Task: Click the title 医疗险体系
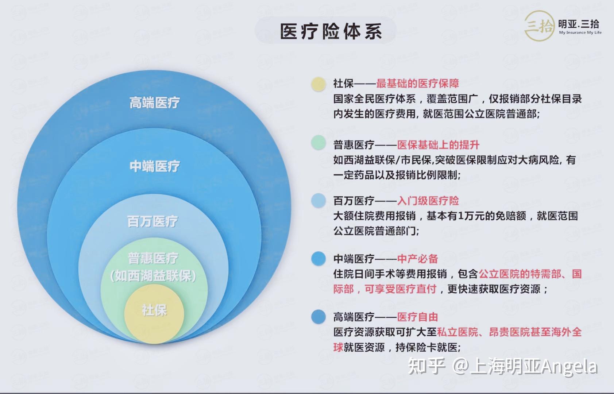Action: [x=331, y=31]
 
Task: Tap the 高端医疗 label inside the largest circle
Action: [x=155, y=103]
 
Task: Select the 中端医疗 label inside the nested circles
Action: [x=155, y=166]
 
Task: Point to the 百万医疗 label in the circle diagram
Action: [x=152, y=221]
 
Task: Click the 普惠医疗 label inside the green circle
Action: [x=153, y=259]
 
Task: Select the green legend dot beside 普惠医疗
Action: [x=318, y=143]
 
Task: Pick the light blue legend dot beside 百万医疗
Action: [x=318, y=201]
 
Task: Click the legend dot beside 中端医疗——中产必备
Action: [x=318, y=259]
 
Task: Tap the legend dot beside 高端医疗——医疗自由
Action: [x=318, y=317]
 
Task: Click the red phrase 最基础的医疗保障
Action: [x=417, y=84]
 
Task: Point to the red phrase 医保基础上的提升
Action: [x=438, y=145]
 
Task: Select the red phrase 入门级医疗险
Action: [x=428, y=201]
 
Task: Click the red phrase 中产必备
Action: [x=417, y=259]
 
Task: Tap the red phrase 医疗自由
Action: [x=417, y=317]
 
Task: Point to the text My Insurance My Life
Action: [x=580, y=32]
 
